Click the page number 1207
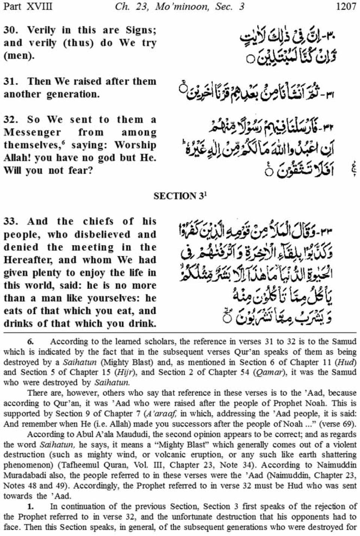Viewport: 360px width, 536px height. tap(346, 7)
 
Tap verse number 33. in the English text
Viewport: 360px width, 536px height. tap(12, 222)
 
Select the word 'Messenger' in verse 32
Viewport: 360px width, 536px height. tap(32, 133)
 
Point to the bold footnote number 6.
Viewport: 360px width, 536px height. tap(31, 341)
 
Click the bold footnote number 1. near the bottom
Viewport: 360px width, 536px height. tap(31, 506)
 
